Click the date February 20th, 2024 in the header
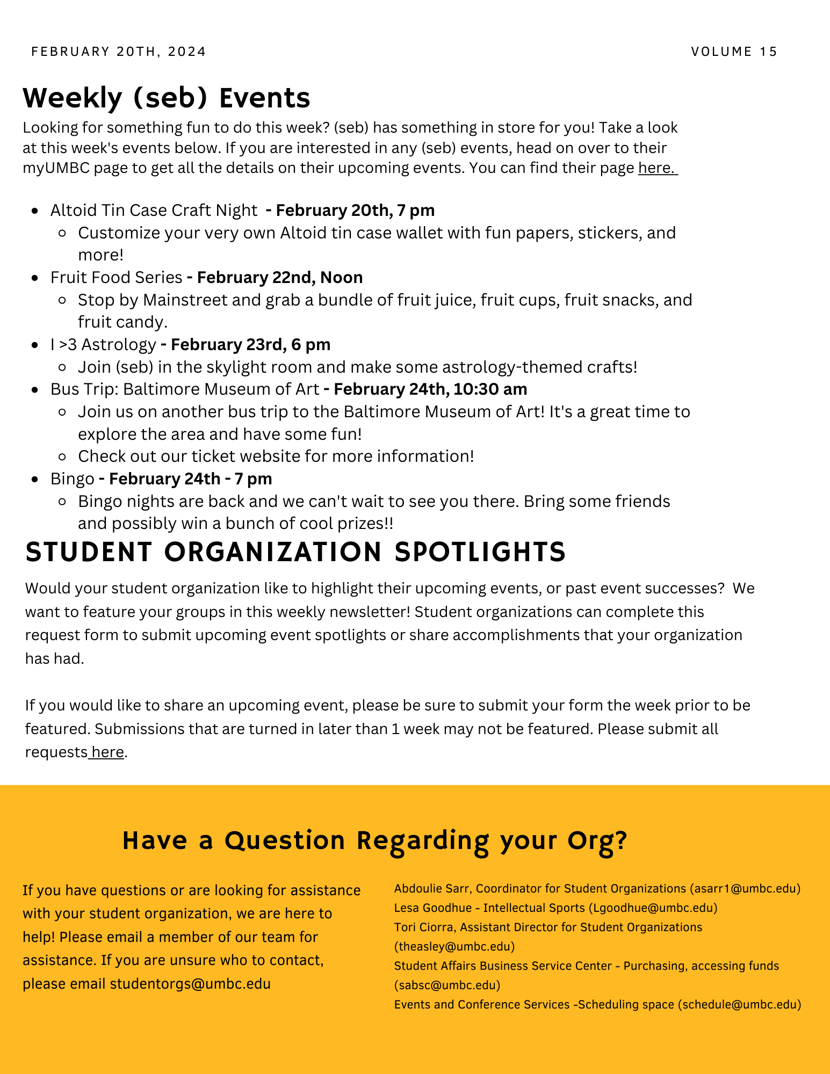click(x=119, y=52)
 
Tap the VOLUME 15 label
click(x=734, y=52)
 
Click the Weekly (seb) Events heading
click(x=167, y=98)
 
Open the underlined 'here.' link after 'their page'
click(x=657, y=168)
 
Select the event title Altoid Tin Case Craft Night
click(x=154, y=211)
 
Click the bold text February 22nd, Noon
click(x=279, y=278)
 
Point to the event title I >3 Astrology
click(x=103, y=345)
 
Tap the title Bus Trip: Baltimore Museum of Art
click(x=185, y=389)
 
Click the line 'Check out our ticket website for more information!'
click(x=276, y=456)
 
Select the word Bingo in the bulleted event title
click(x=73, y=479)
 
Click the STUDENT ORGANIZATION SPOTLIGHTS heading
click(x=295, y=552)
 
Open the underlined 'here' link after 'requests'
click(x=107, y=752)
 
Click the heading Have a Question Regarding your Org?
click(x=374, y=840)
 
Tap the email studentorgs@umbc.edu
click(x=190, y=984)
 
